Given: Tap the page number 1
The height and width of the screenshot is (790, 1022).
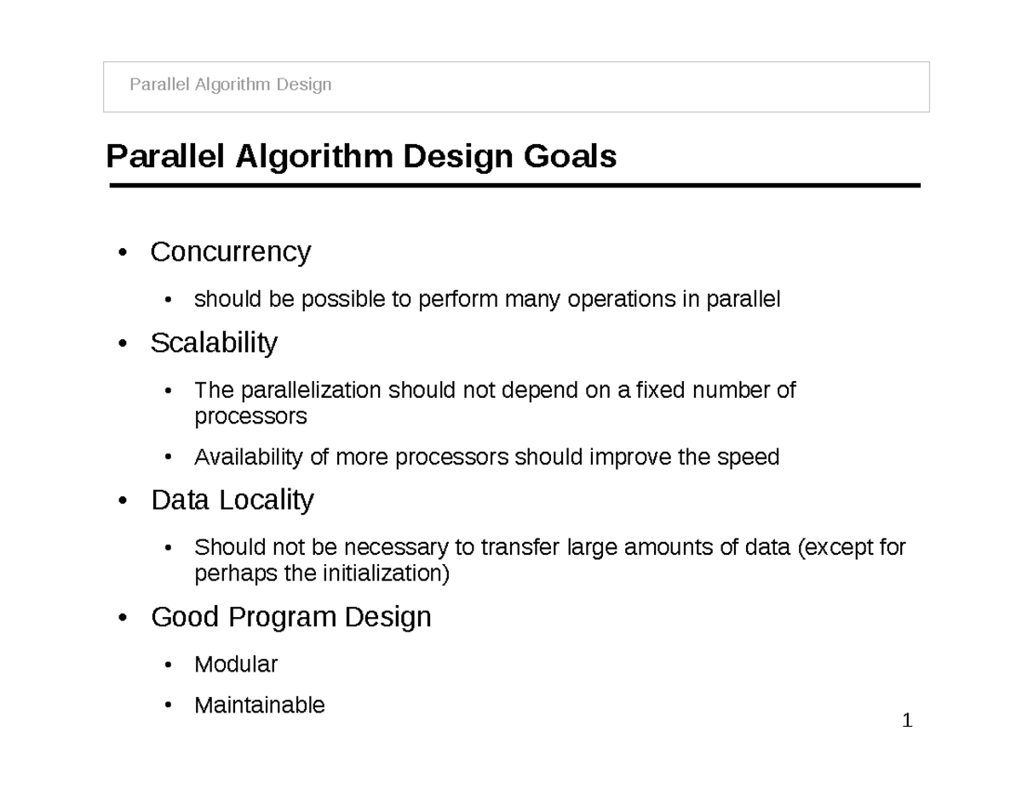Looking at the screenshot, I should click(907, 722).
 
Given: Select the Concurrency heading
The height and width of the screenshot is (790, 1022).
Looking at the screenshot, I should click(230, 252).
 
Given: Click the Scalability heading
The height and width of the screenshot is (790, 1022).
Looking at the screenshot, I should click(214, 343).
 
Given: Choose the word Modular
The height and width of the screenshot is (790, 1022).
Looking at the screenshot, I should click(236, 664).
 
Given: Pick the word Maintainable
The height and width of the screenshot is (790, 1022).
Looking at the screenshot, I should click(260, 706).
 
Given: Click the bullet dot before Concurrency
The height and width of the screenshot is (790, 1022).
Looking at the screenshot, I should click(124, 253).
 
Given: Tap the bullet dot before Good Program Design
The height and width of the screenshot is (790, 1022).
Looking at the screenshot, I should click(124, 618).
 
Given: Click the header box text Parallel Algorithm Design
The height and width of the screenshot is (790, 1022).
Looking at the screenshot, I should click(230, 84).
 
